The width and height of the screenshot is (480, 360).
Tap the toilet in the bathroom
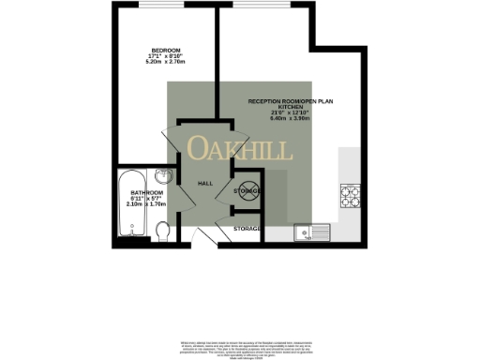coord(162,229)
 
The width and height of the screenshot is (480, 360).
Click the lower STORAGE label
coord(247,228)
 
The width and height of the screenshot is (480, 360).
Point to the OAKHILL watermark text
coord(240,149)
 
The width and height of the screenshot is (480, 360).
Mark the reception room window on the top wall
coord(263,12)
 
